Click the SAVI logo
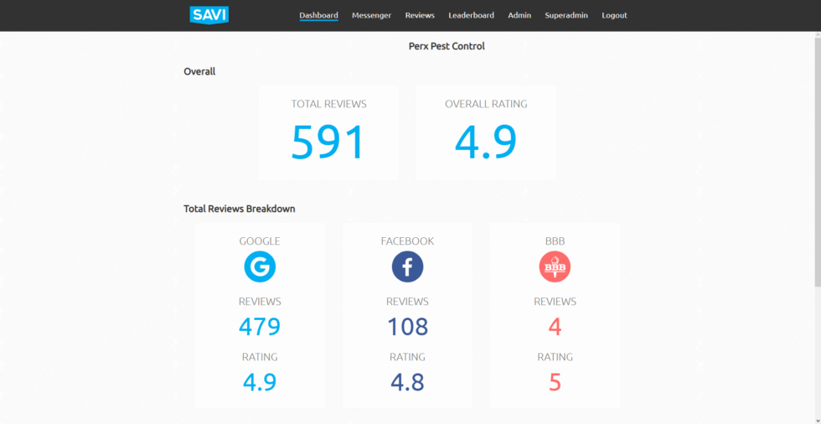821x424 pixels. click(209, 14)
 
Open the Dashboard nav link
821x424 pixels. click(318, 15)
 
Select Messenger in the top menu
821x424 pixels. click(371, 15)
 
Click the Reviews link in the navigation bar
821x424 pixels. click(420, 15)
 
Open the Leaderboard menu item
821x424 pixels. click(471, 15)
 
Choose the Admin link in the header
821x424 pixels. click(519, 15)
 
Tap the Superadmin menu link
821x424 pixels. click(566, 15)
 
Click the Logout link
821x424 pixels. click(614, 15)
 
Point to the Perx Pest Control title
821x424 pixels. click(447, 46)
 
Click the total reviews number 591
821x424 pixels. click(328, 142)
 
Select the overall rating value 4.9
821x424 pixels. click(486, 142)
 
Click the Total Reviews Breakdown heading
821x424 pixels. click(240, 209)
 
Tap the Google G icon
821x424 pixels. click(260, 267)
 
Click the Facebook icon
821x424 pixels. click(407, 267)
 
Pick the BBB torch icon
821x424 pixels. click(555, 267)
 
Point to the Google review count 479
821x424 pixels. click(260, 326)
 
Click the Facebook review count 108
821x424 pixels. click(407, 326)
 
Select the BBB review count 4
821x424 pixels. click(555, 326)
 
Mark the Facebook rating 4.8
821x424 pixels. click(407, 382)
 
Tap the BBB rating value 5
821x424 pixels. click(555, 382)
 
